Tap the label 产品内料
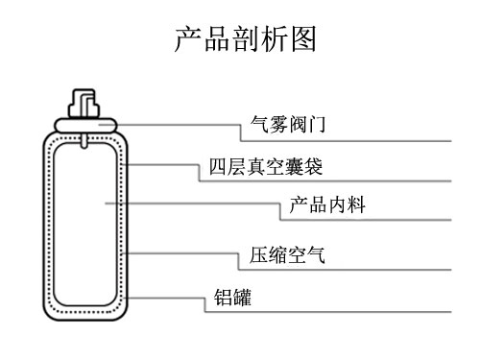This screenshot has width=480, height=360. click(325, 205)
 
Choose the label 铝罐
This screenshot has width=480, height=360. click(232, 299)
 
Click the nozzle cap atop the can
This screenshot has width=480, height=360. click(84, 101)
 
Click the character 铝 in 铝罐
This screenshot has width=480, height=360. click(223, 299)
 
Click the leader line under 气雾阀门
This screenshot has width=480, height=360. click(346, 139)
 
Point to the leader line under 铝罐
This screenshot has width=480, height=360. click(326, 312)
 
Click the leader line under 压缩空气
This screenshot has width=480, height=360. click(346, 272)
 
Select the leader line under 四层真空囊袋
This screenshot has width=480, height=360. click(326, 180)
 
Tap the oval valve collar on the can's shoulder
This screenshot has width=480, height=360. click(84, 124)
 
